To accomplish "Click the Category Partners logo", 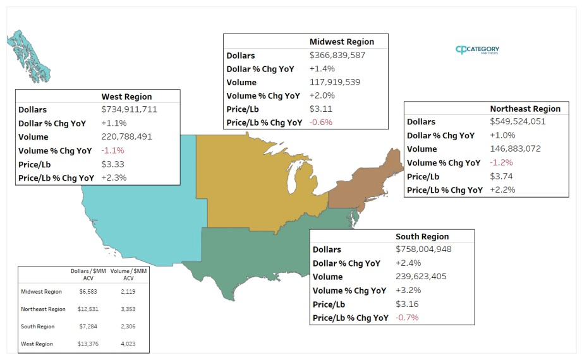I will (x=477, y=50).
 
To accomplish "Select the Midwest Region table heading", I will (x=341, y=42).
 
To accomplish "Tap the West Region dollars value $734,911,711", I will (x=129, y=109).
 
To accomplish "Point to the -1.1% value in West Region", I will (x=113, y=150).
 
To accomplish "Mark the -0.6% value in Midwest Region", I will (x=320, y=123).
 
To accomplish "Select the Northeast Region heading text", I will (x=525, y=109).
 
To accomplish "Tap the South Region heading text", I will (x=422, y=236).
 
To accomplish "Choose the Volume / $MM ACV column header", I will (x=128, y=274).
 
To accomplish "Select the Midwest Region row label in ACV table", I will (x=41, y=292).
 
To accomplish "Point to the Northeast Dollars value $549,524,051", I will (x=518, y=121).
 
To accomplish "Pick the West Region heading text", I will (x=126, y=97).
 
